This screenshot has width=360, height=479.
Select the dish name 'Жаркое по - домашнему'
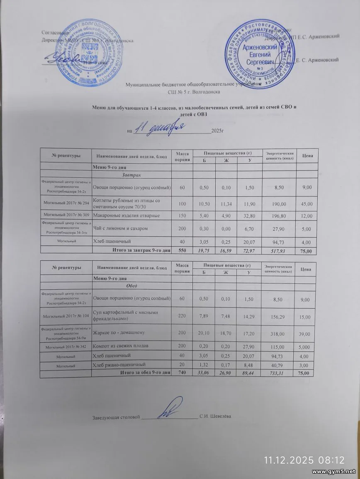119,332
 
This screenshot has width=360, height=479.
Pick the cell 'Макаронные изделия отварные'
126,215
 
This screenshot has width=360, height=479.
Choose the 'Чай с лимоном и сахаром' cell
120,228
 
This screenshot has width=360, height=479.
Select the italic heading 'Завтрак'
131,174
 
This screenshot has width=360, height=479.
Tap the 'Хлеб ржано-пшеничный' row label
119,365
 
